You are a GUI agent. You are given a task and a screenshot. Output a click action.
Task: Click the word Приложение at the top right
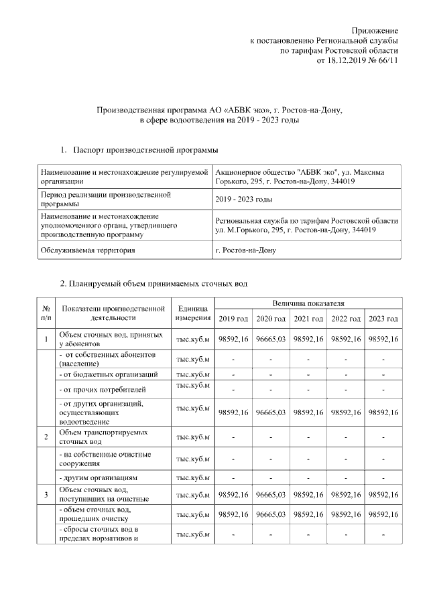click(x=375, y=31)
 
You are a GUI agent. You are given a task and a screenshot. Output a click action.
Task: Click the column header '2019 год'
click(x=233, y=319)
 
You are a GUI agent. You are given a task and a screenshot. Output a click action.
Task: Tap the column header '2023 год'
click(x=383, y=319)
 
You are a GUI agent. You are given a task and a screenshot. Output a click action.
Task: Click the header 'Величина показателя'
click(x=308, y=304)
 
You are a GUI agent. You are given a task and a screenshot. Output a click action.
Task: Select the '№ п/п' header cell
click(x=46, y=313)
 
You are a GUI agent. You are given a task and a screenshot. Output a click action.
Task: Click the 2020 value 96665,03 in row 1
click(x=271, y=339)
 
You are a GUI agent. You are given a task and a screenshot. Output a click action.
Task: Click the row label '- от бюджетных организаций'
click(x=109, y=374)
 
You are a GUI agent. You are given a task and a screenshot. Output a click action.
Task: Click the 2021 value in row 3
click(x=308, y=495)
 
